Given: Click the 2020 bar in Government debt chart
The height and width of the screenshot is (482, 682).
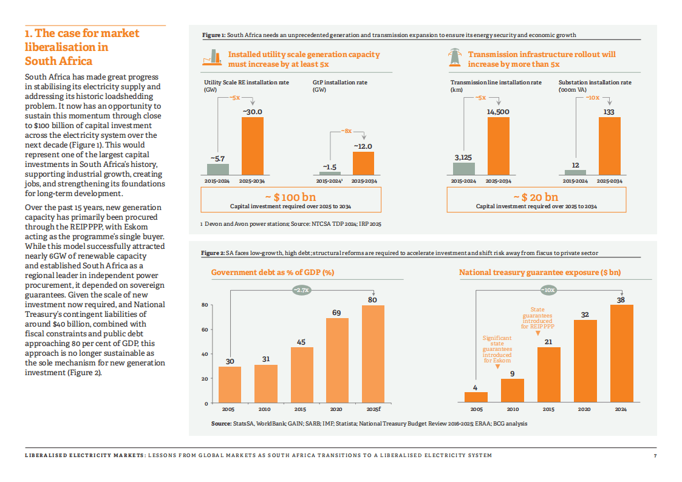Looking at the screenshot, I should coord(337,361).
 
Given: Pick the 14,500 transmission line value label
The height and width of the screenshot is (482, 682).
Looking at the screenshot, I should coord(498,112).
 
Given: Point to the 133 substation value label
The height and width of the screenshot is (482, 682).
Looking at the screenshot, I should coord(609,112).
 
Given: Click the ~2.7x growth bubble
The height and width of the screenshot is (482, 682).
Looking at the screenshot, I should coord(301,290).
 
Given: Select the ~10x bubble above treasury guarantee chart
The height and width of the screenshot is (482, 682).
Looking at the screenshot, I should coord(548,290).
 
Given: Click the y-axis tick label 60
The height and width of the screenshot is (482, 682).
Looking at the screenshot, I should coord(205,330).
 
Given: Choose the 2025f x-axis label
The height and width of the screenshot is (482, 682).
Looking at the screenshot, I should coord(373,409).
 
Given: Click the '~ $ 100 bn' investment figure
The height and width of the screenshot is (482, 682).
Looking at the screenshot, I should coord(291,197).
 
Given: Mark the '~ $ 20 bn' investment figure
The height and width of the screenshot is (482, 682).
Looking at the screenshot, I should coord(536,197).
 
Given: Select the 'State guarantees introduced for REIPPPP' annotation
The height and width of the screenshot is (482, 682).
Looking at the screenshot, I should coord(537,318).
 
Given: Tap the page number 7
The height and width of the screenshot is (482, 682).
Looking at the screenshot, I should coord(655,455).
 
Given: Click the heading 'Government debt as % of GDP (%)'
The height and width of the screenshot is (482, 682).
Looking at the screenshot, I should coord(273,273).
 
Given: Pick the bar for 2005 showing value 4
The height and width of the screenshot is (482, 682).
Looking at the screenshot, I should coord(476,397).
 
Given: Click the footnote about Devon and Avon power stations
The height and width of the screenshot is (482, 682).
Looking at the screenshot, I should coord(291,225).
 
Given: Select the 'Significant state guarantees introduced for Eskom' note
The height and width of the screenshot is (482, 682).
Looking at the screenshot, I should coord(497,349).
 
